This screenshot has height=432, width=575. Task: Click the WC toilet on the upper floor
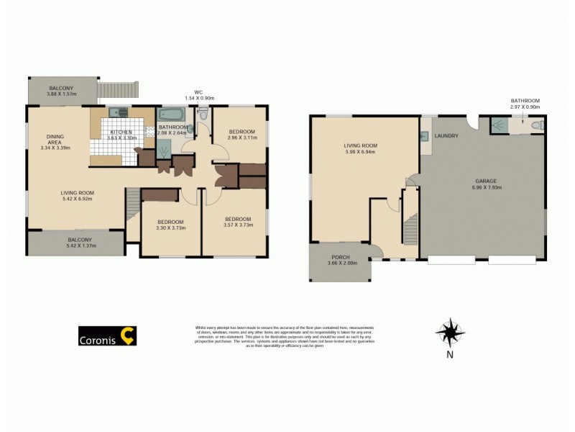(x=202, y=113)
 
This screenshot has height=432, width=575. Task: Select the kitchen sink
(x=119, y=112)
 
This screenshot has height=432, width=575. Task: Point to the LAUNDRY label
(x=448, y=135)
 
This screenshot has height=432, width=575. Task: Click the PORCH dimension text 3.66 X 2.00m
(x=341, y=264)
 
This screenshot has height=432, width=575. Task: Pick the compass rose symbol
(x=449, y=333)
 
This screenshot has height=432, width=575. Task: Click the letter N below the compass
(x=449, y=354)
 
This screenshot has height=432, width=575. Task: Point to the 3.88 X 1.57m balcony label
(x=61, y=94)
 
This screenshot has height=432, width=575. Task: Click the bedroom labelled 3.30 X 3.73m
(x=170, y=225)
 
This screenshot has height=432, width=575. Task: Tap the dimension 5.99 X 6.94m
(x=360, y=152)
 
